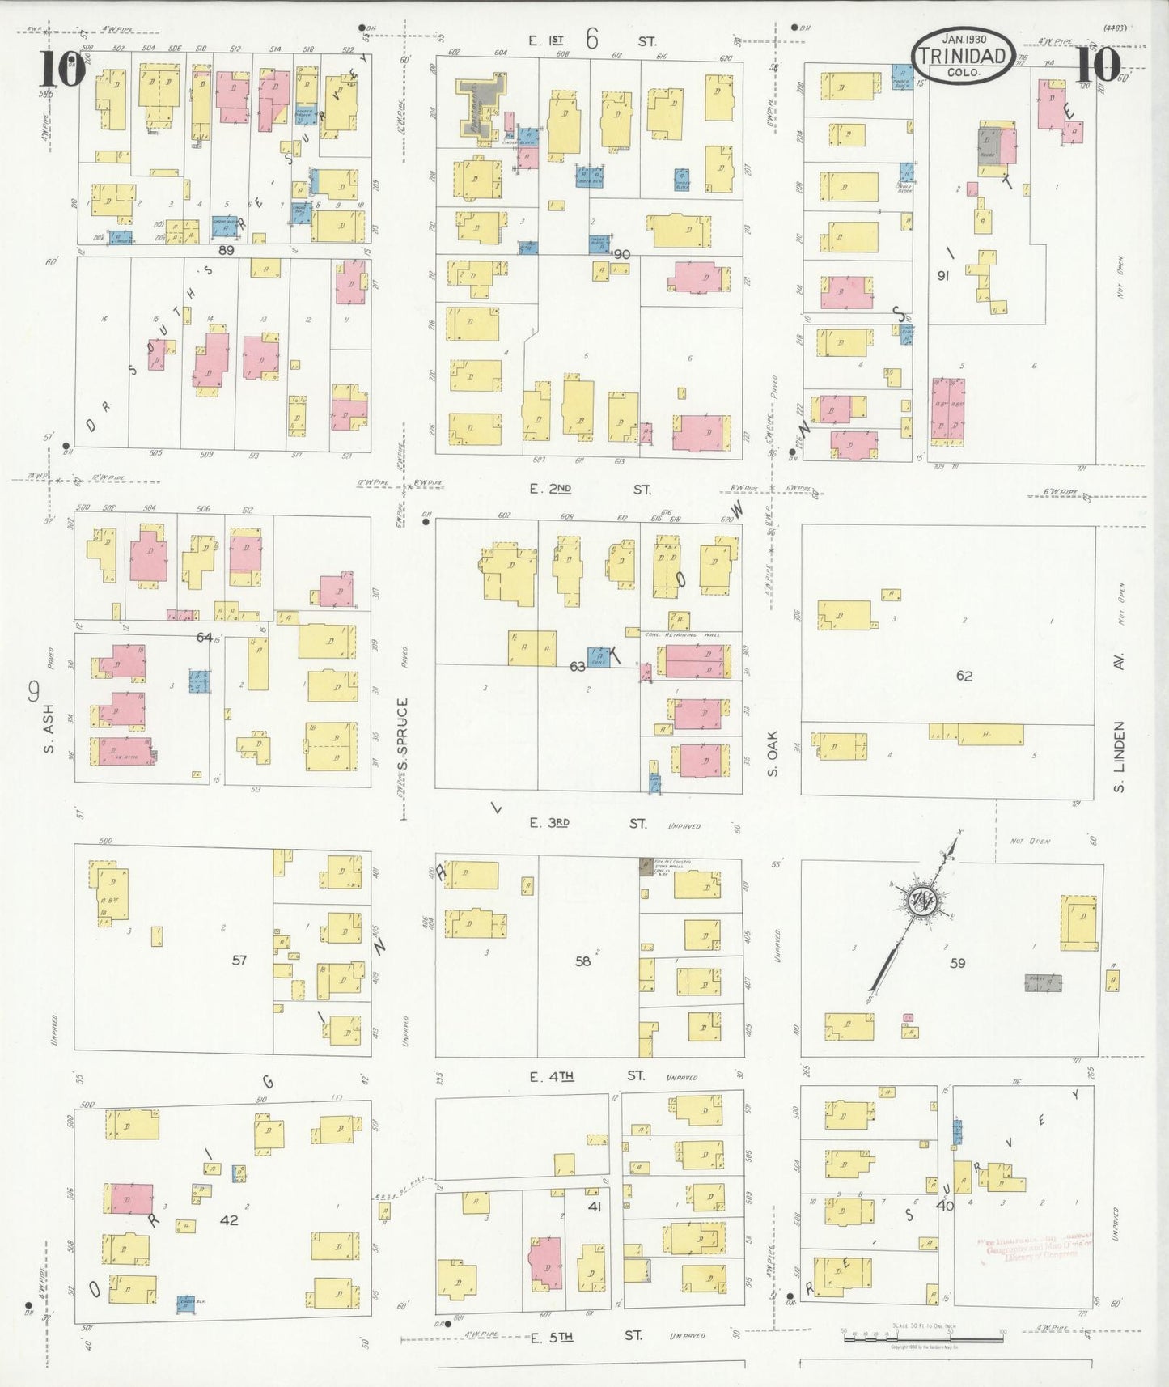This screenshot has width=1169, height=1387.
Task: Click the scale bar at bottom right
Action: [922, 1335]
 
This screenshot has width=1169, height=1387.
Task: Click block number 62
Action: [964, 676]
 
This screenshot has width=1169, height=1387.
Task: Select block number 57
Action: [239, 960]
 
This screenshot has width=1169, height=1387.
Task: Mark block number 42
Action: [229, 1219]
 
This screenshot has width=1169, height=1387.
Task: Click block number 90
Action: [621, 254]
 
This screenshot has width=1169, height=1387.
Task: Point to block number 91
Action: [942, 275]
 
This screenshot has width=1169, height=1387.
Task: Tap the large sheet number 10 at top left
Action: [61, 71]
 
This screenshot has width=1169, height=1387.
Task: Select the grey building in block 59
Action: [1044, 983]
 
